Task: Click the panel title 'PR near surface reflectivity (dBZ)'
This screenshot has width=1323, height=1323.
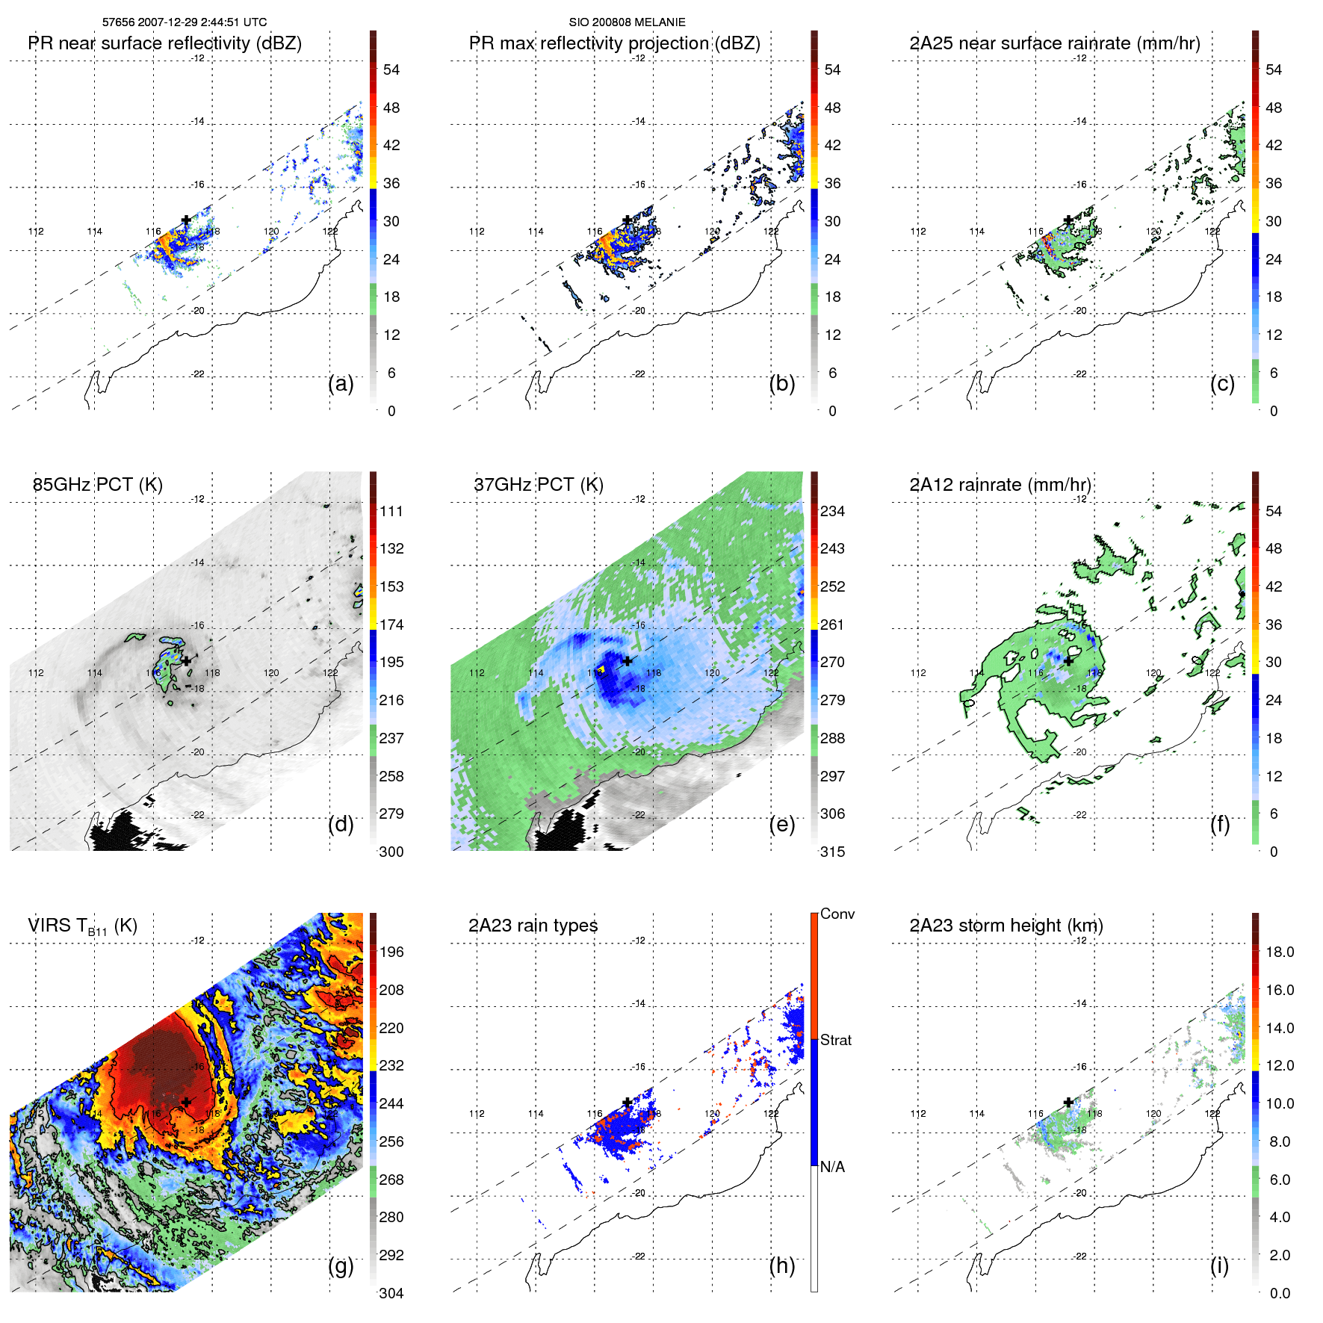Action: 164,43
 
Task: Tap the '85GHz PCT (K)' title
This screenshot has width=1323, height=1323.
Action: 97,485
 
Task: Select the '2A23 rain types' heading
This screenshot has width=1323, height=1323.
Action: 533,926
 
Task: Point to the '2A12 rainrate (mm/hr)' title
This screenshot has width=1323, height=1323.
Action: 1000,485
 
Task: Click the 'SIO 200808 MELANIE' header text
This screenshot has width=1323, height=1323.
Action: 627,22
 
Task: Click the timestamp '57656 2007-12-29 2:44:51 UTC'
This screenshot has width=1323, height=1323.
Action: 184,22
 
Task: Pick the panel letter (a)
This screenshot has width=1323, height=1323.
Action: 341,383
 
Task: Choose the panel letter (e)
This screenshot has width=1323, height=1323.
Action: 781,824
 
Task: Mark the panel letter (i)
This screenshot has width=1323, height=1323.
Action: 1219,1265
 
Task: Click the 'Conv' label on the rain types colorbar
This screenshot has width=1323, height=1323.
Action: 837,914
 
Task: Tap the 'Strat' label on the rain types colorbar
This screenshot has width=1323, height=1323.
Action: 835,1041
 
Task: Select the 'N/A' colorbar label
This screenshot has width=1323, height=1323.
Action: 832,1167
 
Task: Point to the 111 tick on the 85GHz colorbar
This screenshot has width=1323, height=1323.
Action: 391,512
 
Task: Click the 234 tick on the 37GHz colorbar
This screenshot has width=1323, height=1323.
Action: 832,512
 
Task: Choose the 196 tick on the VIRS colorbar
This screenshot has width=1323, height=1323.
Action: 391,952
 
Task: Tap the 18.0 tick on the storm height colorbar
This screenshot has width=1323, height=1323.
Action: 1279,952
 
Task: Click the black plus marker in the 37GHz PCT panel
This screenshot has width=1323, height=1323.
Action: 627,660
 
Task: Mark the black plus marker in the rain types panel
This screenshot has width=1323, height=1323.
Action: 627,1102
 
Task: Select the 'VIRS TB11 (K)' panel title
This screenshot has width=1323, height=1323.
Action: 82,926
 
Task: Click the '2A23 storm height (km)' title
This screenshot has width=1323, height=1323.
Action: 1006,926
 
